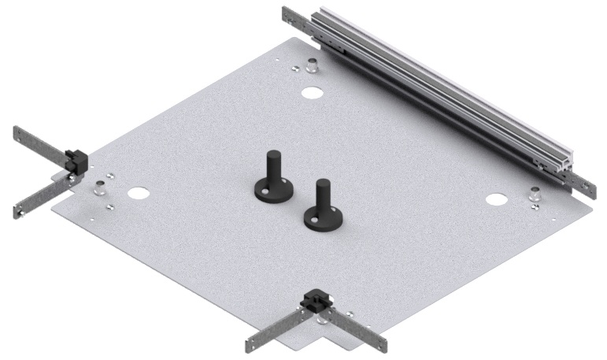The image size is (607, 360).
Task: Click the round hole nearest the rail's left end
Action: coord(313,92)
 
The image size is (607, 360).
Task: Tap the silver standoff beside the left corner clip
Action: coord(101,188)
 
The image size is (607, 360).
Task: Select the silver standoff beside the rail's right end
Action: coord(536,192)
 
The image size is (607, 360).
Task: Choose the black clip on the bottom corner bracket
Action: coord(318,300)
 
